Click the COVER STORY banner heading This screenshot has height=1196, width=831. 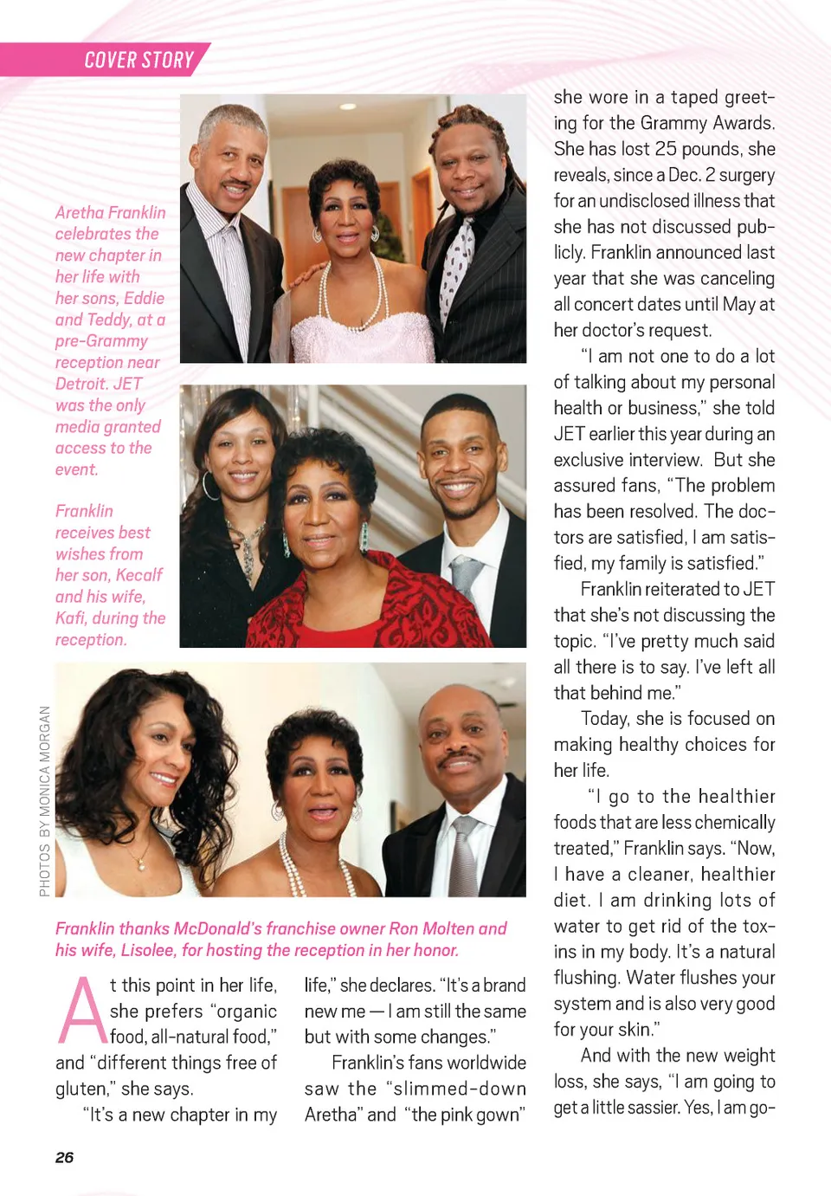coord(138,60)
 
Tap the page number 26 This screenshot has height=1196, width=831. coord(64,1157)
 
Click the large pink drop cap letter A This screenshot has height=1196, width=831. coord(81,1012)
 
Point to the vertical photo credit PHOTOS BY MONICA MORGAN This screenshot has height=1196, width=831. coord(45,801)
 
